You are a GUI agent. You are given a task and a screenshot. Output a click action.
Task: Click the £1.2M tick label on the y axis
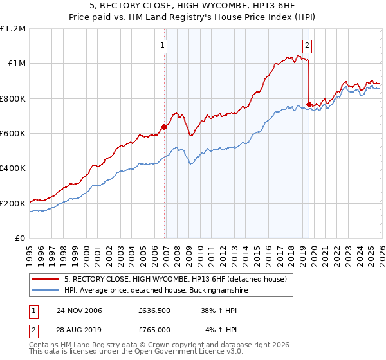tap(13, 28)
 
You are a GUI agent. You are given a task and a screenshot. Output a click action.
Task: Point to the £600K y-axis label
tap(13, 133)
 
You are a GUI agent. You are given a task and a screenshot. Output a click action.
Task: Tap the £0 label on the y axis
tap(19, 239)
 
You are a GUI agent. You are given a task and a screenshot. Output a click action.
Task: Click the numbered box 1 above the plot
tap(163, 45)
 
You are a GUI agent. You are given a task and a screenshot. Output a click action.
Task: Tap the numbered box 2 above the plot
tap(308, 45)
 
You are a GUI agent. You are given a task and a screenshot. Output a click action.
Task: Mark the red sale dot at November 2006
tap(164, 127)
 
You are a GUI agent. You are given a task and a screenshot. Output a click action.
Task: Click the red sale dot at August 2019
tap(309, 104)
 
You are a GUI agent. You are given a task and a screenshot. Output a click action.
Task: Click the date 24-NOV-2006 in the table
tap(79, 310)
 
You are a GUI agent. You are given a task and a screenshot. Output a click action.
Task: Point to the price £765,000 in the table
tap(154, 330)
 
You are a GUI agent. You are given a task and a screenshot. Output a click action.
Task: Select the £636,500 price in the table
tap(154, 310)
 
